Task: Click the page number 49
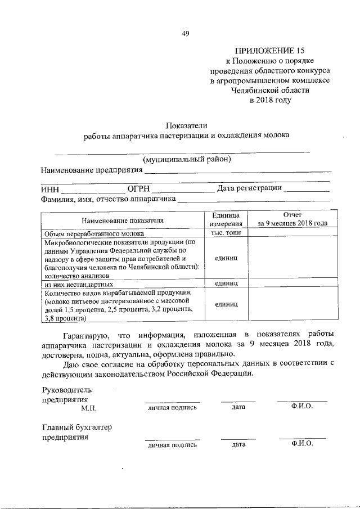pyautogui.click(x=185, y=33)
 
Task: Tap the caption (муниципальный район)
pyautogui.click(x=187, y=159)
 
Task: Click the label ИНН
pyautogui.click(x=50, y=189)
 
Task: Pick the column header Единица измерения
pyautogui.click(x=226, y=220)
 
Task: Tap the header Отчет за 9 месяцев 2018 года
pyautogui.click(x=292, y=219)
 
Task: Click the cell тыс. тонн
pyautogui.click(x=226, y=233)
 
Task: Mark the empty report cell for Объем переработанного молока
pyautogui.click(x=292, y=233)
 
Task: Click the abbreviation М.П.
pyautogui.click(x=88, y=407)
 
